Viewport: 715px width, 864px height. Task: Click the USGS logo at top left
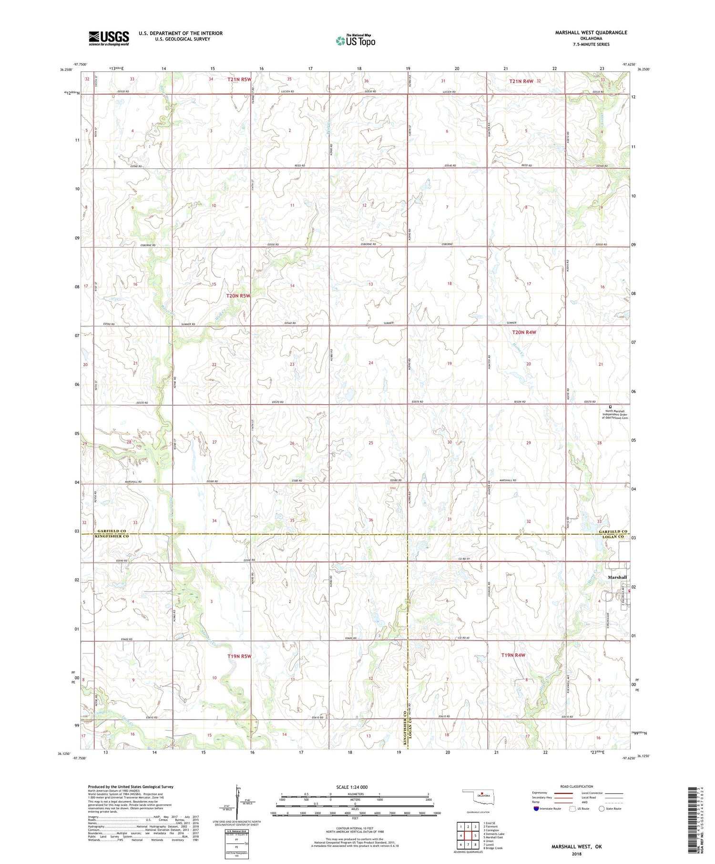(x=109, y=38)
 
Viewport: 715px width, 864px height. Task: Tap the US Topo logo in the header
(x=355, y=41)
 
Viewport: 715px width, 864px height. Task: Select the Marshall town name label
(x=617, y=577)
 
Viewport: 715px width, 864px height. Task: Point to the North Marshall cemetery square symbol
(x=610, y=407)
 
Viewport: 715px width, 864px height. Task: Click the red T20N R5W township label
(x=238, y=295)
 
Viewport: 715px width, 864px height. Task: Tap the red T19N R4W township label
(x=513, y=655)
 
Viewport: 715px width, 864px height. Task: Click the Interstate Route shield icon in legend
(x=536, y=809)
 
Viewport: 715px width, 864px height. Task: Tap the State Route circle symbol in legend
(x=602, y=808)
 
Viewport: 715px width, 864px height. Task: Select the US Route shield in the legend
(x=572, y=808)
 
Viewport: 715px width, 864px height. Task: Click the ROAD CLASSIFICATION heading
(x=577, y=786)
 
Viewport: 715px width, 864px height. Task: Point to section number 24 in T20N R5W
(x=370, y=363)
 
